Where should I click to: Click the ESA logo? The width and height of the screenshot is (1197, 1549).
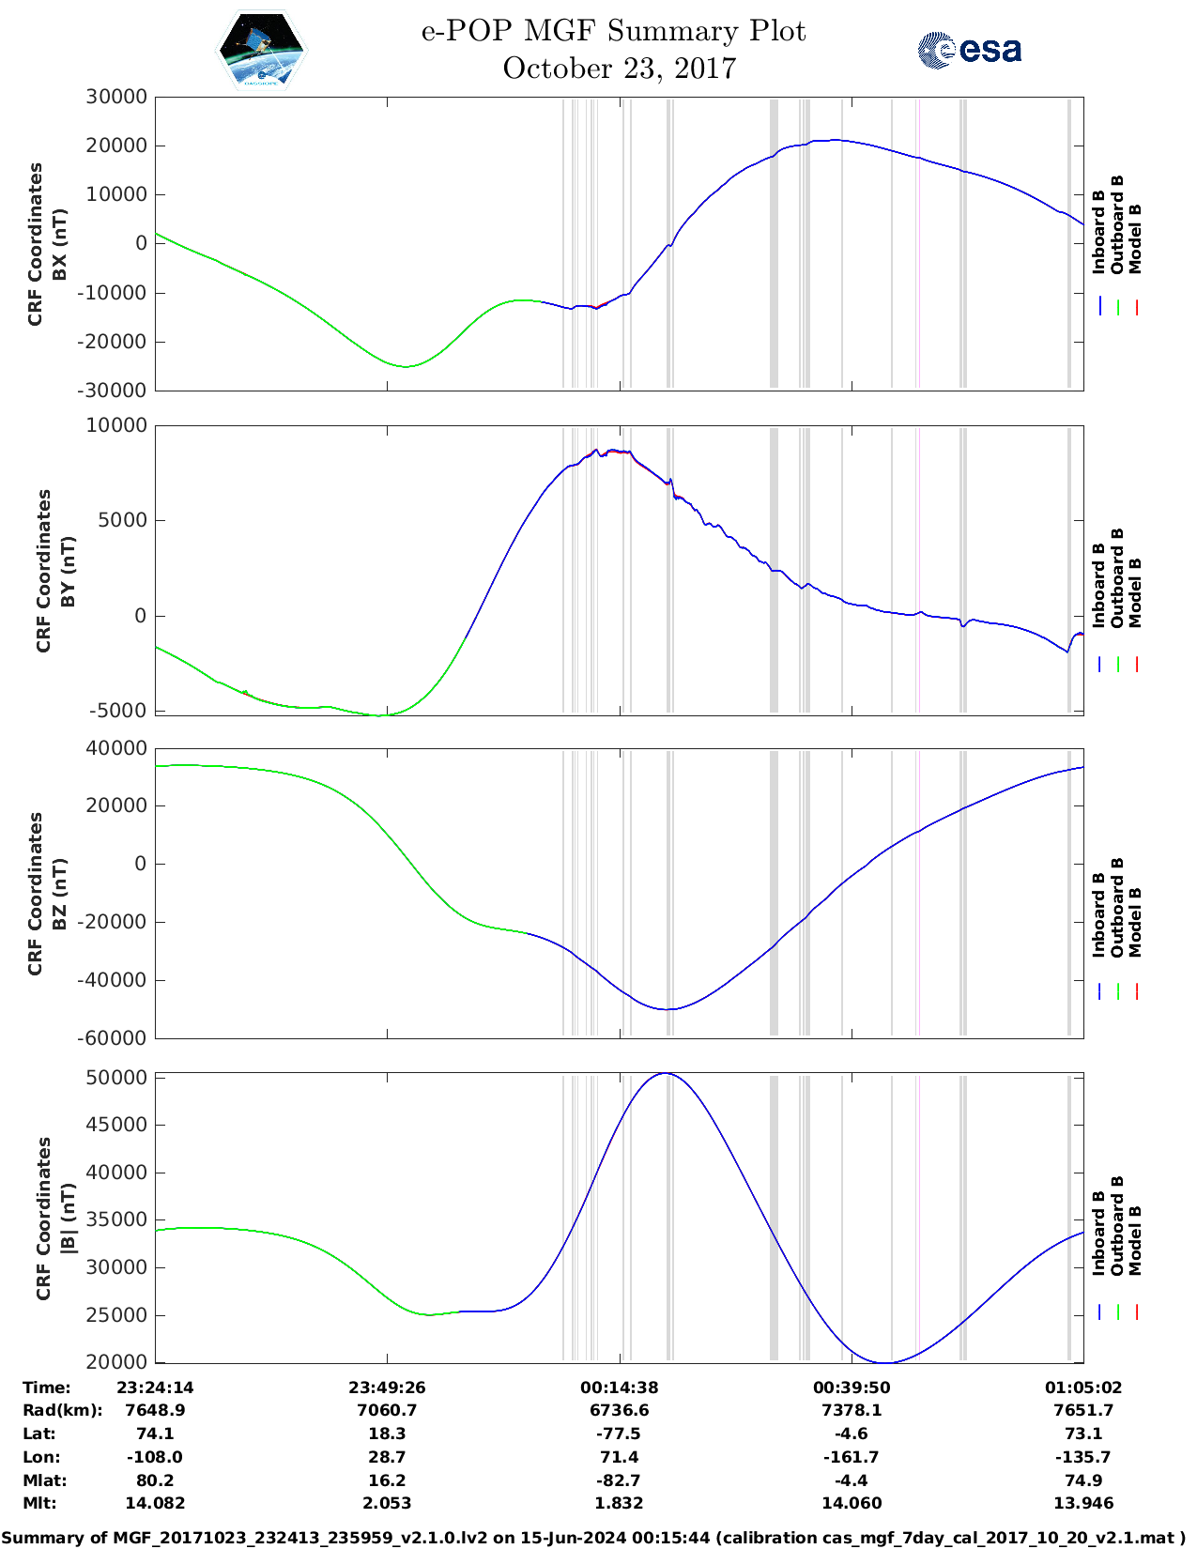tap(969, 50)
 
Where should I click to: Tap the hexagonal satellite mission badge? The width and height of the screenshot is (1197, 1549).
tap(261, 50)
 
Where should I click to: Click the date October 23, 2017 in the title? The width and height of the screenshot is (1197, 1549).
tap(619, 69)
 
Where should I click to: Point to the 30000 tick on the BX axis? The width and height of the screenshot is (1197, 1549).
tap(115, 97)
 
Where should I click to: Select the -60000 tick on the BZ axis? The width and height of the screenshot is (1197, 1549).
tap(115, 1038)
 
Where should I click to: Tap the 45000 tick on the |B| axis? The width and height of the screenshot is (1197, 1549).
tap(115, 1125)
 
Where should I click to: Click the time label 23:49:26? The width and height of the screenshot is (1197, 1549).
tap(387, 1388)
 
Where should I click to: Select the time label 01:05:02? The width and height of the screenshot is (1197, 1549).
tap(1082, 1388)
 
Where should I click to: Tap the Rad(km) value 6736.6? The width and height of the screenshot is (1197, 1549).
tap(619, 1411)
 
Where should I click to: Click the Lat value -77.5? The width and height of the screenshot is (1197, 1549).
tap(619, 1434)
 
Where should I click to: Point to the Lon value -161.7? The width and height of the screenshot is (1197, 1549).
tap(851, 1458)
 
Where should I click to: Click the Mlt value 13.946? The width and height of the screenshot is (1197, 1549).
tap(1082, 1504)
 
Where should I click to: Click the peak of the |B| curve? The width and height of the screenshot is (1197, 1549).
tap(665, 1073)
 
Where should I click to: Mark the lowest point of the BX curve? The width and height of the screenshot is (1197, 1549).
tap(406, 367)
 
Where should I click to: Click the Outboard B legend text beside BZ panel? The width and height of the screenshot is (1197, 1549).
tap(1117, 907)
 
